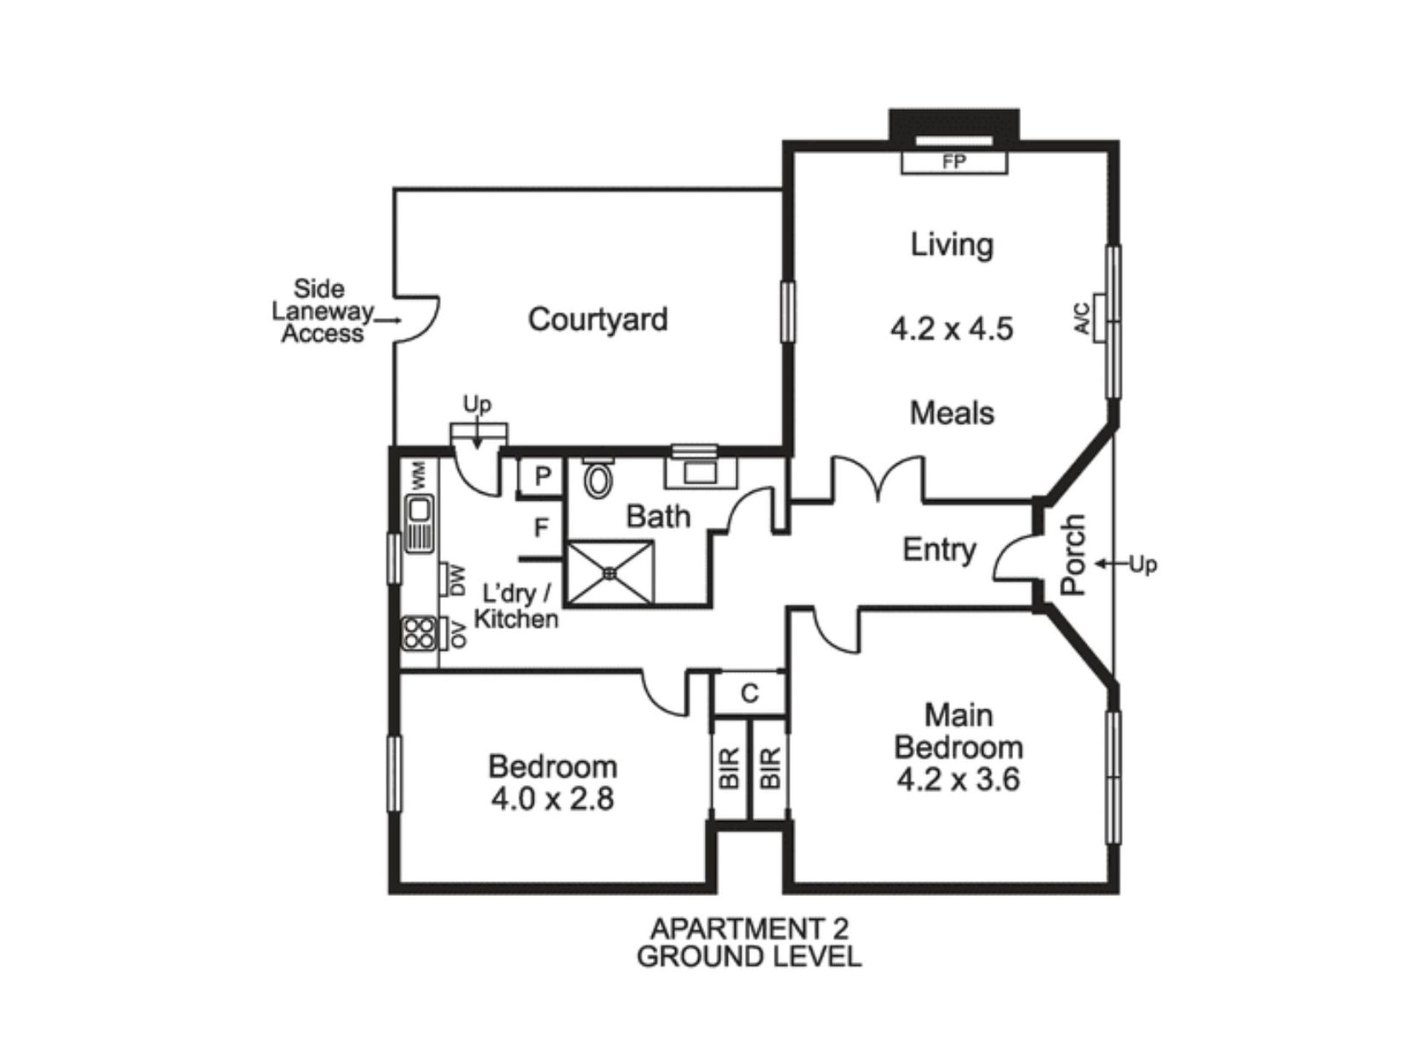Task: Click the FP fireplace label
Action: [954, 162]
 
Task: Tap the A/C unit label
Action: [1083, 318]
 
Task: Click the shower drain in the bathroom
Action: [610, 572]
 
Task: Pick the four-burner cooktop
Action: [419, 634]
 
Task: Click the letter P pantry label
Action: [542, 476]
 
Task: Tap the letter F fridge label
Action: [542, 528]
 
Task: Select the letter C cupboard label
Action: [749, 694]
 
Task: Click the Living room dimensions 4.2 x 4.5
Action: [952, 328]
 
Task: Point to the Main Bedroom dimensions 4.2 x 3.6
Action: [958, 780]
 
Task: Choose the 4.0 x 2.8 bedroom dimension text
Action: [552, 799]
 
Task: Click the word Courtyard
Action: [597, 319]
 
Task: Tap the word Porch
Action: [1073, 555]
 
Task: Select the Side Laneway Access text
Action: [322, 311]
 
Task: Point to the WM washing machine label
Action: [419, 475]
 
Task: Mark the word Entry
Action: [939, 550]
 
